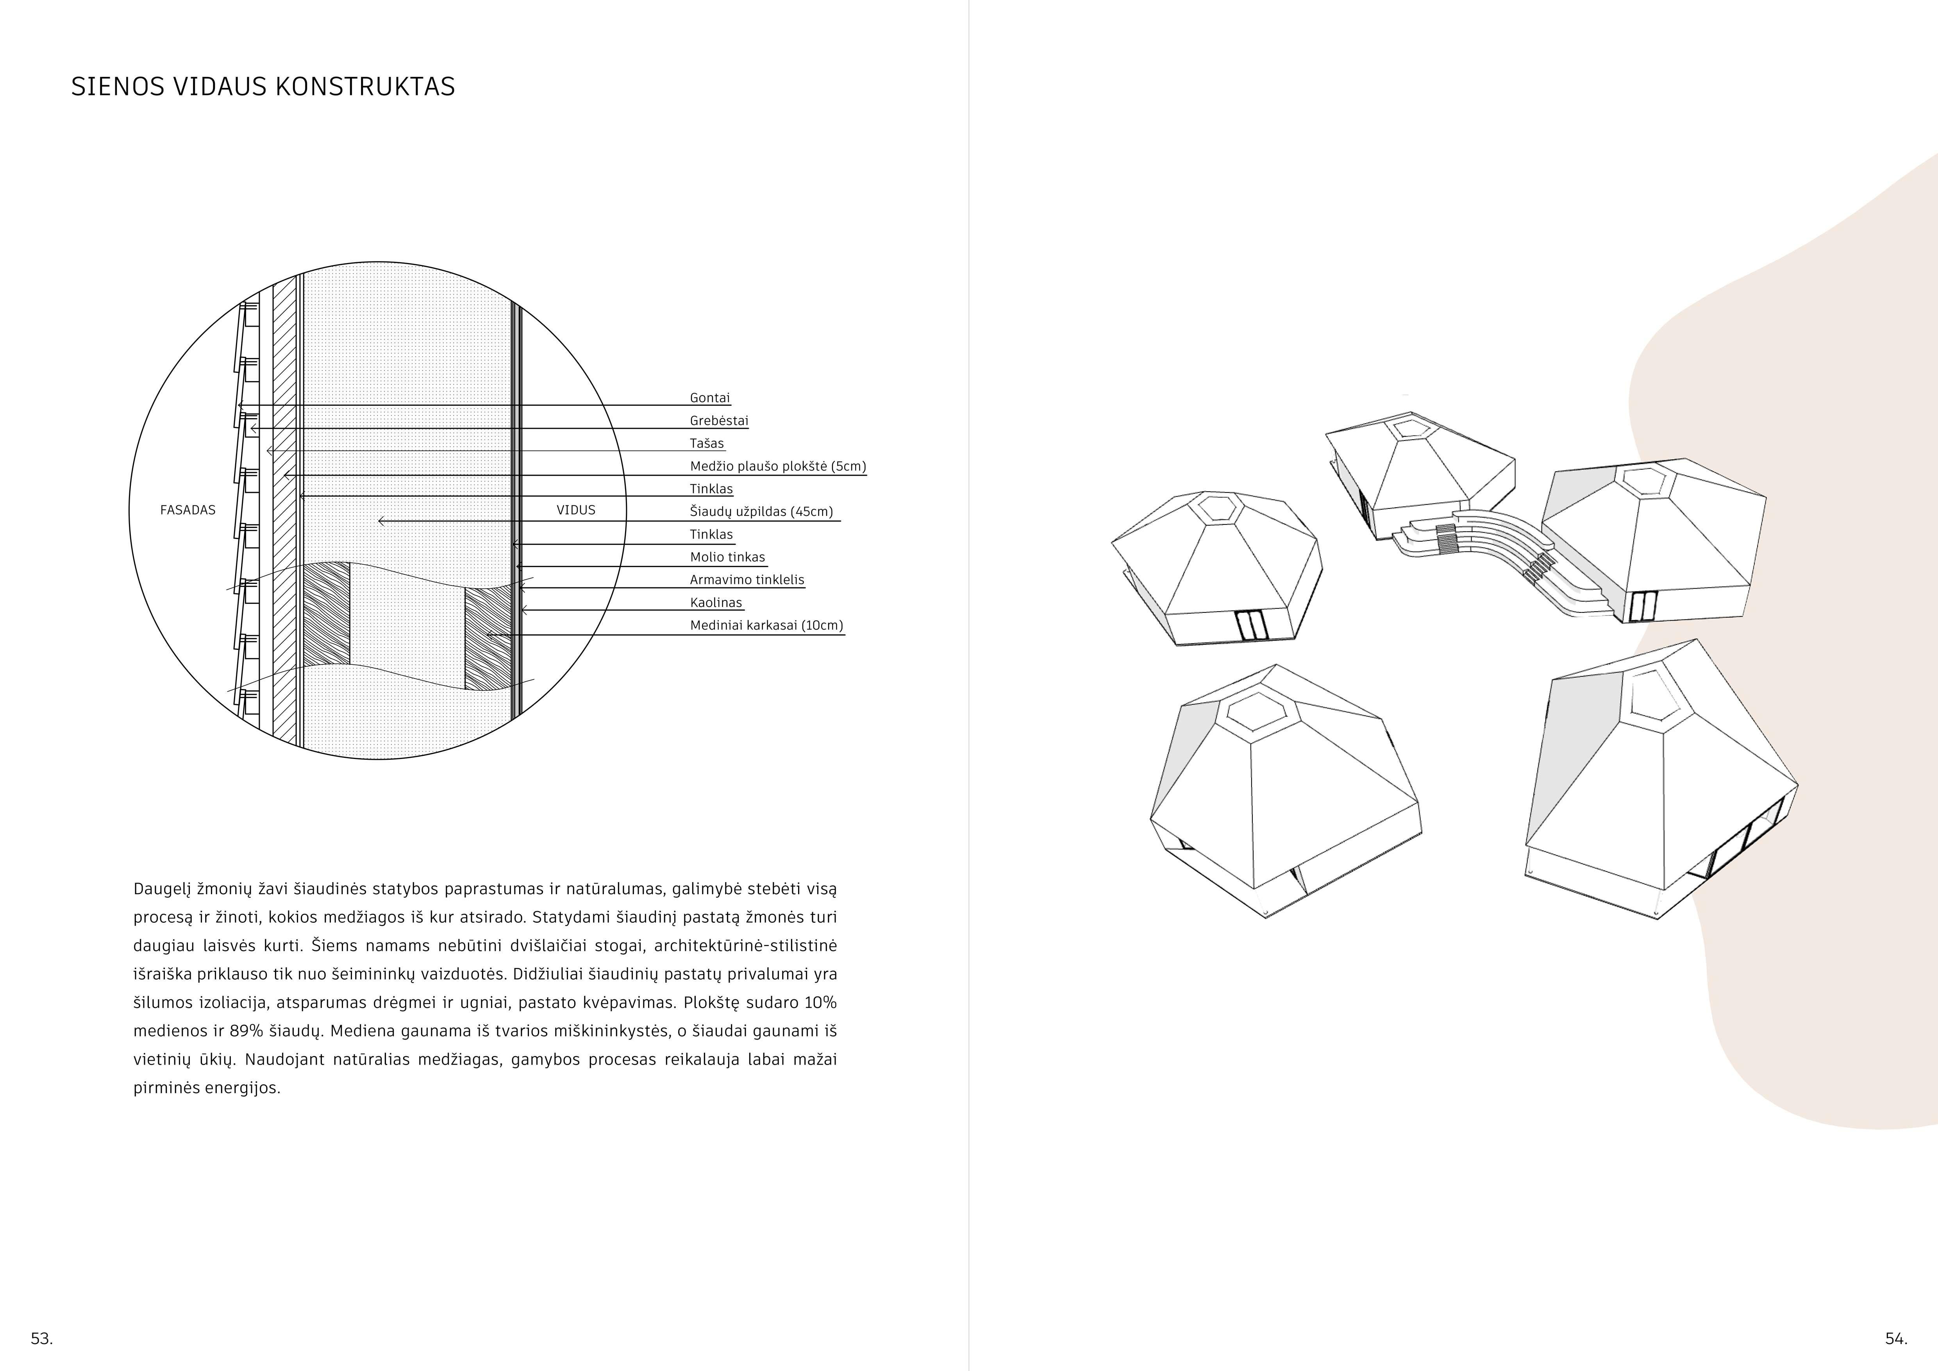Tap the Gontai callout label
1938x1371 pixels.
(x=709, y=397)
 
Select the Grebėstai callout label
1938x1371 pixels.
(x=718, y=421)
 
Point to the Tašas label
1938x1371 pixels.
(x=707, y=443)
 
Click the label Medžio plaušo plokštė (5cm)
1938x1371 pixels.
(x=777, y=466)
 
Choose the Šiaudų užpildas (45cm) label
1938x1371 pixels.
(x=761, y=512)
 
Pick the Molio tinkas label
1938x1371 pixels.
(x=727, y=557)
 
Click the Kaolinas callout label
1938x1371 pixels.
(x=716, y=603)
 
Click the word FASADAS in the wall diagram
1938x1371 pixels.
(x=188, y=510)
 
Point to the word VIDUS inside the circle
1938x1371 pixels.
(x=576, y=510)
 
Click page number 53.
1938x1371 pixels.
(x=41, y=1338)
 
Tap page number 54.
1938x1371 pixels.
(x=1896, y=1338)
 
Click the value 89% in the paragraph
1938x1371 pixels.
(x=246, y=1031)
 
